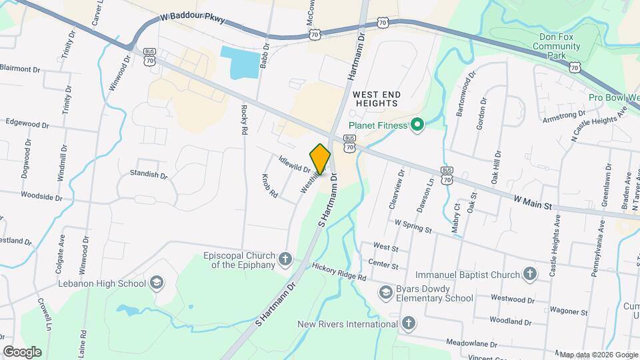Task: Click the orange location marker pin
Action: point(321,159)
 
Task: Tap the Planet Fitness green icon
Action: point(417,124)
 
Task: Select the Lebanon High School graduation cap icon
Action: point(157,283)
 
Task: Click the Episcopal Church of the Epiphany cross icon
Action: point(285,259)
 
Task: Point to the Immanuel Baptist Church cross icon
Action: point(529,275)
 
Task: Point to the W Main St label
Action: point(534,201)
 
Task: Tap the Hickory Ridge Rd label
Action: point(339,271)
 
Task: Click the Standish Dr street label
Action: point(149,175)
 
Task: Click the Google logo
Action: point(22,351)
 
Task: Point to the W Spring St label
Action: point(413,227)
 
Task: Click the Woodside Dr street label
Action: point(41,197)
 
